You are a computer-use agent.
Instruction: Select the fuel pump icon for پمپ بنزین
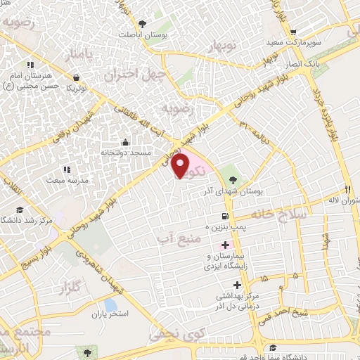coord(224,217)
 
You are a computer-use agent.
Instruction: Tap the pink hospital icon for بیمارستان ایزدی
coord(225,245)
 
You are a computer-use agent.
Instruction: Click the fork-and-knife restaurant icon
coord(347,188)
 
